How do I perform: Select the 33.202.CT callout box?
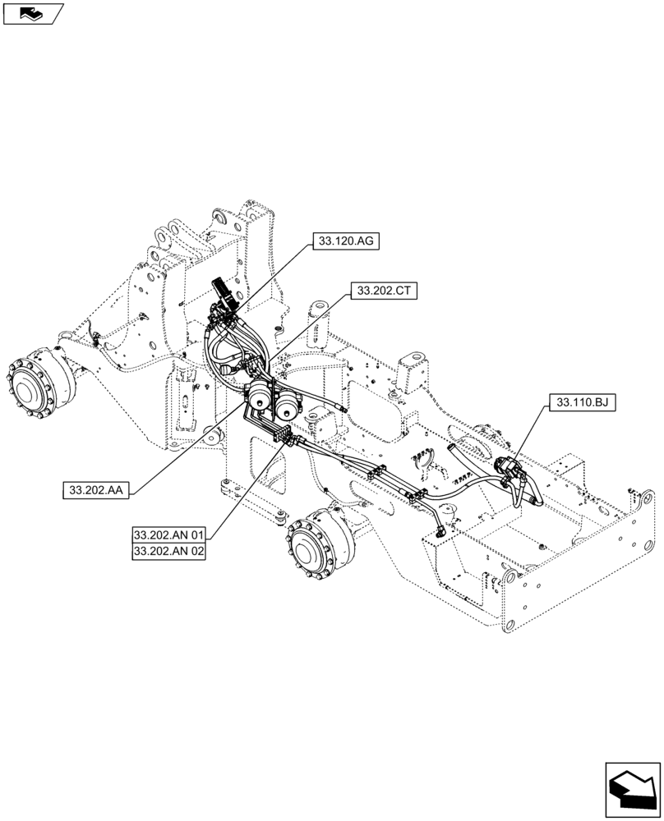384,290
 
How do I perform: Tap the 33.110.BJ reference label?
586,402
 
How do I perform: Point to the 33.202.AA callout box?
95,490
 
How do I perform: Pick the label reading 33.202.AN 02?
168,552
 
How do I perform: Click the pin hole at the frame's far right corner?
648,499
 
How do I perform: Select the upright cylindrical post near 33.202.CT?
317,317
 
